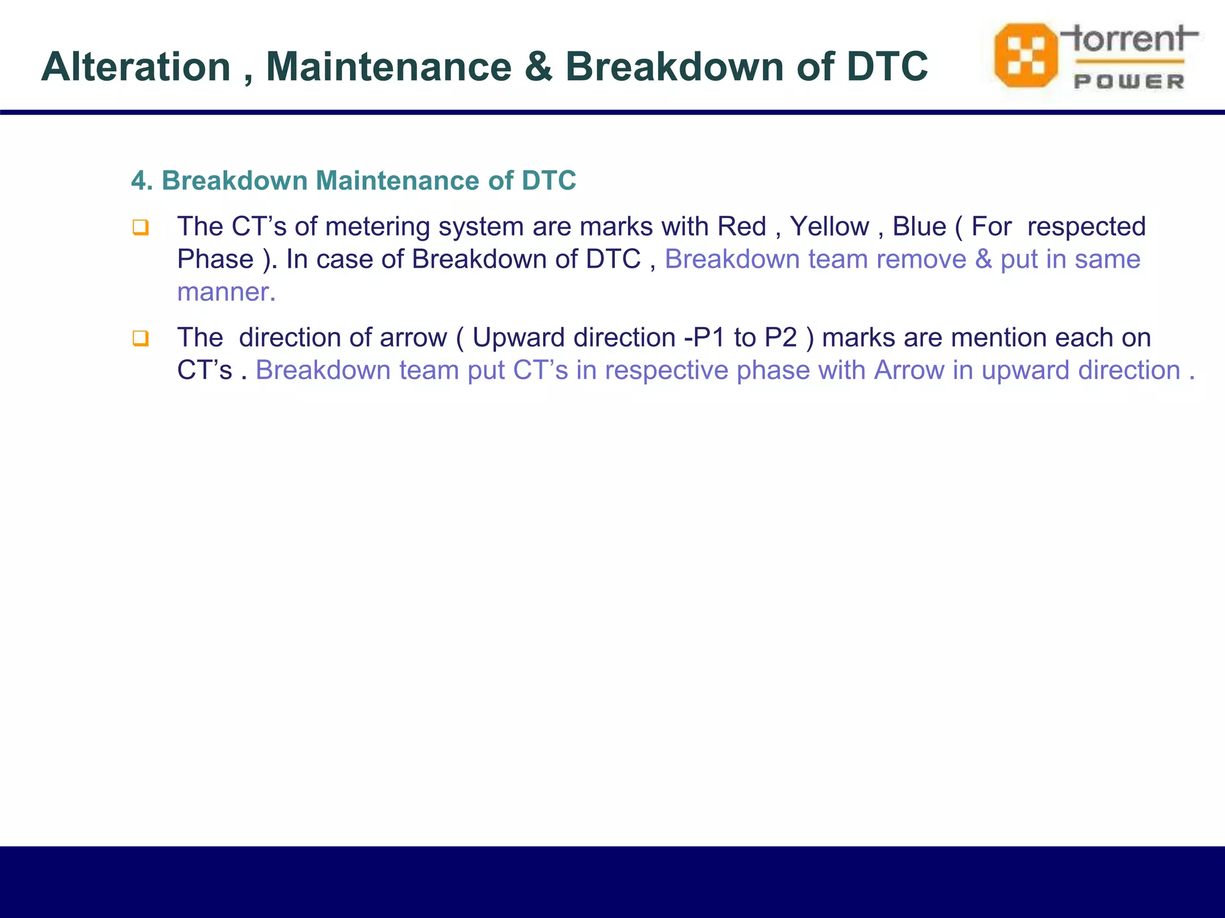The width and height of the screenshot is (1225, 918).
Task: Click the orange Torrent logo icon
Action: click(1025, 56)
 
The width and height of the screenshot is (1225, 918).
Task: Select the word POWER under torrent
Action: click(1129, 82)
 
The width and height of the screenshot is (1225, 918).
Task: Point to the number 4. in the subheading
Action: click(142, 180)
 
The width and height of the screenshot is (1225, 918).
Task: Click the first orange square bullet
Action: click(140, 228)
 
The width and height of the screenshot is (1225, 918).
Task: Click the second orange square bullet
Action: click(140, 339)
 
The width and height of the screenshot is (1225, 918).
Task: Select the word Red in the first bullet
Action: click(741, 227)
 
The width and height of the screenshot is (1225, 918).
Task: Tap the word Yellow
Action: click(829, 227)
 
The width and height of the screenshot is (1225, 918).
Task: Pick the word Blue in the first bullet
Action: click(919, 227)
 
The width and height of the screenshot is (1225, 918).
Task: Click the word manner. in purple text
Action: click(226, 292)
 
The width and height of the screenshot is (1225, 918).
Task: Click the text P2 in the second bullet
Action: click(781, 338)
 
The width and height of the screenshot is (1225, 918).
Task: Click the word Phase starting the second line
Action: click(215, 259)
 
